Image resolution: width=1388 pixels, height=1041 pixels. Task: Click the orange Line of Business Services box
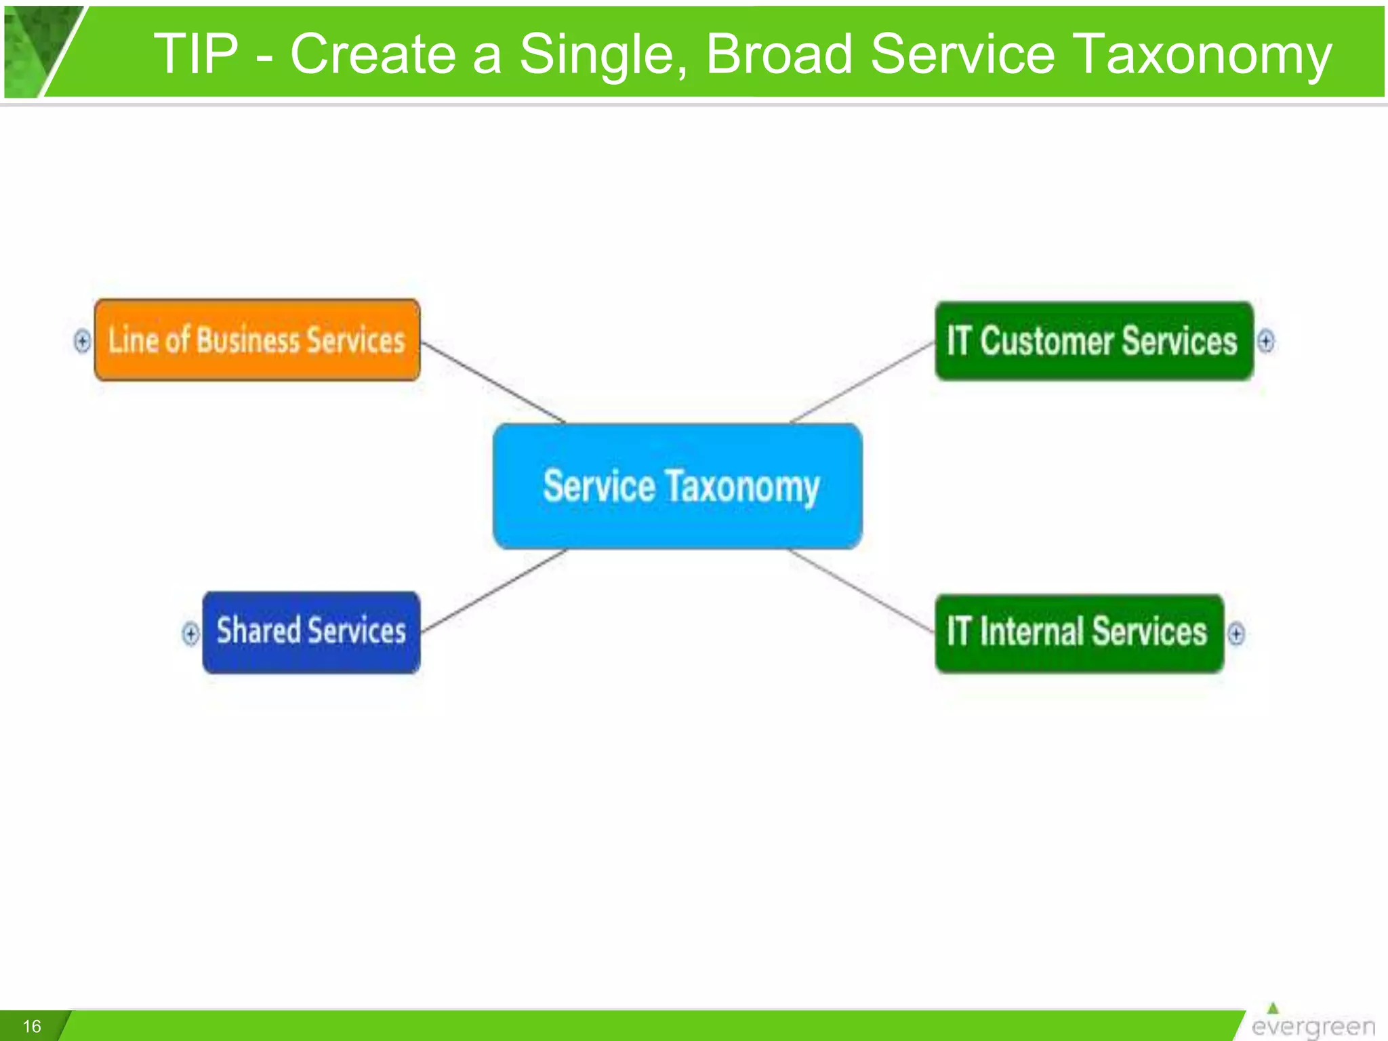tap(257, 340)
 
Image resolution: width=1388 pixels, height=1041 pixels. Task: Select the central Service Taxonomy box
tap(678, 486)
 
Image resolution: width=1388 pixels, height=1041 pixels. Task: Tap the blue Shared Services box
tap(311, 632)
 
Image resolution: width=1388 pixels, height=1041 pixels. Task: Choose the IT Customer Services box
tap(1093, 341)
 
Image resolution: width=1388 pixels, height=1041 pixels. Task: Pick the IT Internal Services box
tap(1079, 633)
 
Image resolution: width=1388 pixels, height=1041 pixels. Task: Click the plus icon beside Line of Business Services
tap(82, 340)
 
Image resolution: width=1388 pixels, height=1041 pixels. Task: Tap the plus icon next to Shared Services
tap(190, 634)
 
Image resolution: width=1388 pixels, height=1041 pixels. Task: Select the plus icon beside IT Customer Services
tap(1265, 340)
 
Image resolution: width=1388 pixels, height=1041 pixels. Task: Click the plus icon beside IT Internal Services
tap(1236, 634)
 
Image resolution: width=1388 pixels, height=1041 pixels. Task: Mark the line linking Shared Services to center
tap(493, 590)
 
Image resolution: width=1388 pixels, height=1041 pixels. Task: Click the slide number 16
tap(32, 1026)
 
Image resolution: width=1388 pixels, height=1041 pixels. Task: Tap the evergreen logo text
tap(1313, 1027)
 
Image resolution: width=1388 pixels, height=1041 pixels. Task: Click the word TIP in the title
tap(196, 54)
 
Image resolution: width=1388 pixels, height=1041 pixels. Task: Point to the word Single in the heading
tap(603, 54)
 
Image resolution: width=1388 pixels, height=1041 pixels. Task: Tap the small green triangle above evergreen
tap(1273, 1008)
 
